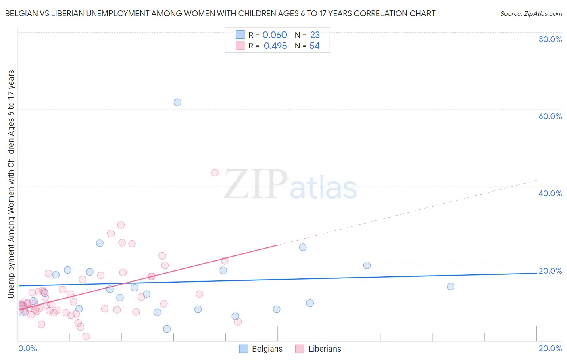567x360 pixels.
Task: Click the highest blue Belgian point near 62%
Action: (177, 103)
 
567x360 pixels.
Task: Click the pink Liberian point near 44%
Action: (215, 172)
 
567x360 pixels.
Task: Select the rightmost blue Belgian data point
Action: (450, 287)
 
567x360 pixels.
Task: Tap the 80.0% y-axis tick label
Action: (550, 39)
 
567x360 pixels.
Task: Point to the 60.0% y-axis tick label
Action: (550, 116)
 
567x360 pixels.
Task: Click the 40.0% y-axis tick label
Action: (550, 193)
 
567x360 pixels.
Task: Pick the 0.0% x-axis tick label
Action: (27, 348)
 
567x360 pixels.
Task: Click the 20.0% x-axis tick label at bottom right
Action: (550, 348)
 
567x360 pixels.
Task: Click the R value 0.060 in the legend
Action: (275, 35)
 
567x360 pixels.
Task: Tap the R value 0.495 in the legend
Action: (275, 46)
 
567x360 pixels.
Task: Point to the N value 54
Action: (315, 46)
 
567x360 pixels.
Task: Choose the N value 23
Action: (315, 35)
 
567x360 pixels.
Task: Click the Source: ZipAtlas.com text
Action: (531, 14)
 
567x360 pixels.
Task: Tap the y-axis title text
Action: (11, 184)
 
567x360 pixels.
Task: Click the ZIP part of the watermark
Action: (255, 184)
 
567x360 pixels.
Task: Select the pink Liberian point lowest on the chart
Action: (86, 337)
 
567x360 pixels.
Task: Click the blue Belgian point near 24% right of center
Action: (303, 247)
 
